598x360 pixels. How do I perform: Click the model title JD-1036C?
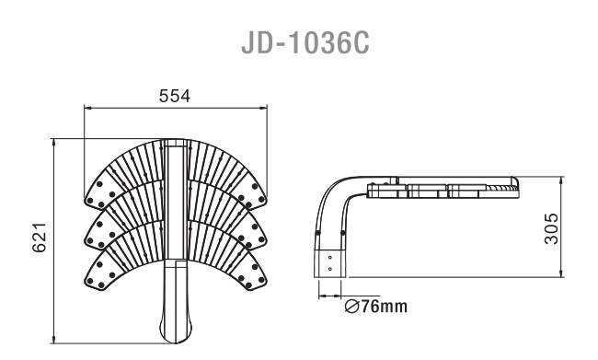[x=305, y=42]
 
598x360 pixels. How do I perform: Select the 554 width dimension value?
[x=174, y=96]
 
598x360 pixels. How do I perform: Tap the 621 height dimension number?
[x=39, y=237]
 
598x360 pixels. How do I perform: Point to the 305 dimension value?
[x=551, y=228]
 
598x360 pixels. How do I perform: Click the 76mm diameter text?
[x=384, y=307]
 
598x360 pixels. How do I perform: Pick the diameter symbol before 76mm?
[x=351, y=307]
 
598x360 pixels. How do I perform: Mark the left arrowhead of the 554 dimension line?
[x=88, y=108]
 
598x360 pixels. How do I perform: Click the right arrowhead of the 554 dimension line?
[x=263, y=108]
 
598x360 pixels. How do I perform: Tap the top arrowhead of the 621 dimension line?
[x=53, y=143]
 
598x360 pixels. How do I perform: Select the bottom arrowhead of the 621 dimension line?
[x=53, y=339]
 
